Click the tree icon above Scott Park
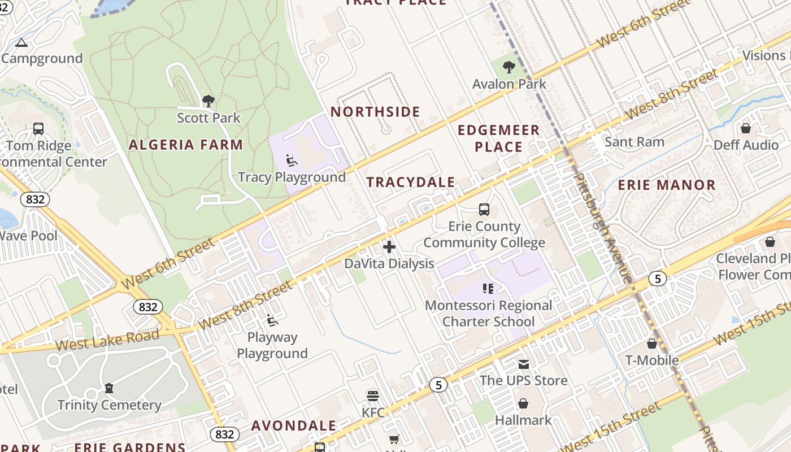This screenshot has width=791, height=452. (208, 101)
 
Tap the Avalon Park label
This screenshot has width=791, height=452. (509, 84)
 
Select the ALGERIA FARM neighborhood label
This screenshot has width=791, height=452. (186, 145)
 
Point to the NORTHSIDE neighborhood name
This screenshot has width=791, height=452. (375, 112)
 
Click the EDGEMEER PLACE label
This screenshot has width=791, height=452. (498, 138)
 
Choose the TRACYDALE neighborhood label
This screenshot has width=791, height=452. (411, 182)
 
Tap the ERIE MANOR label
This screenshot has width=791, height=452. (667, 185)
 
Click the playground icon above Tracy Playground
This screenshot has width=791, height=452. (292, 161)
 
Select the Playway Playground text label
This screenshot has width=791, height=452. (272, 345)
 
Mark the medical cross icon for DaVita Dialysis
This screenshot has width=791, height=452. (389, 247)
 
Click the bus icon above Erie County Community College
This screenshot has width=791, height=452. (484, 210)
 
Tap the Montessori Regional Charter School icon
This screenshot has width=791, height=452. (489, 289)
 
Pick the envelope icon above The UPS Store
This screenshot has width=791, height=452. (524, 364)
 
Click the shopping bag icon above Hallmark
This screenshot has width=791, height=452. (523, 404)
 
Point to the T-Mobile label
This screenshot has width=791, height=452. (652, 360)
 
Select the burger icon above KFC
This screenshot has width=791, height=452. (373, 395)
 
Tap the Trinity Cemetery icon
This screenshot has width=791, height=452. (109, 388)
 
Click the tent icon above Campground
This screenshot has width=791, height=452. (21, 42)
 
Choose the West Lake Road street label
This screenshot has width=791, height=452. (107, 340)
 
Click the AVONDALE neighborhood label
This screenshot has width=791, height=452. (294, 425)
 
